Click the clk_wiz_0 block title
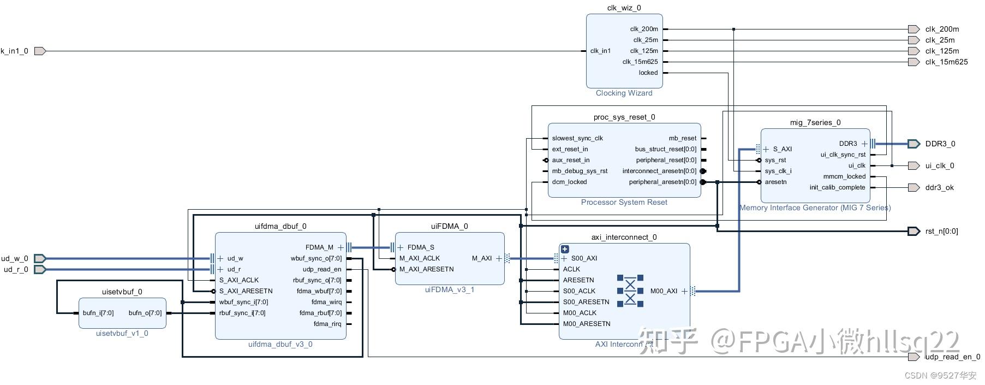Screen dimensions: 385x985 [624, 8]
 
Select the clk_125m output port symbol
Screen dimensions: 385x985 [914, 51]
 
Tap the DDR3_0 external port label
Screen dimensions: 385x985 [940, 144]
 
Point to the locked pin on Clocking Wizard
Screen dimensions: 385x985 [648, 73]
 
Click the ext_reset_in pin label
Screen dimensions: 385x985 [570, 149]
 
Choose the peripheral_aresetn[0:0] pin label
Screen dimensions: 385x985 [662, 182]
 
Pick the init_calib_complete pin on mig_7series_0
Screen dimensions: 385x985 [837, 187]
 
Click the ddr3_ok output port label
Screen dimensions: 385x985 [939, 187]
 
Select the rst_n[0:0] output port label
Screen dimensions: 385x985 [941, 231]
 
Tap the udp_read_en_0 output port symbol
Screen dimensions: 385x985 [914, 357]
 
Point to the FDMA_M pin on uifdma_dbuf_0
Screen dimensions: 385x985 [319, 247]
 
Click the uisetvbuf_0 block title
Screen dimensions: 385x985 [122, 292]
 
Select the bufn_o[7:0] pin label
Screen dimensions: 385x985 [145, 313]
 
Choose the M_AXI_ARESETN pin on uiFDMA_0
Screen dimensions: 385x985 [426, 269]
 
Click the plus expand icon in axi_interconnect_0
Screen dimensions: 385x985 [565, 249]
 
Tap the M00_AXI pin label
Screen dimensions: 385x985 [664, 291]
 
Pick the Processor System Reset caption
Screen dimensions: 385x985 [624, 202]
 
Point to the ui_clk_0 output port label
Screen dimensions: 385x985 [940, 165]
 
